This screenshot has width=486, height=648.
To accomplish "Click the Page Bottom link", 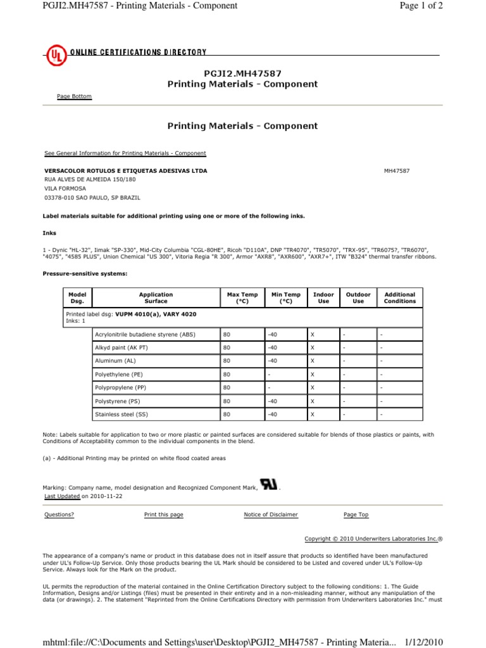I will pos(74,96).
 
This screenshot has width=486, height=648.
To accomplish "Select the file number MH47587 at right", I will pos(397,171).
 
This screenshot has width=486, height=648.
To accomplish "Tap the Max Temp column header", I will pos(242,297).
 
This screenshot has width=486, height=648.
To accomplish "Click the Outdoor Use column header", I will pos(358,297).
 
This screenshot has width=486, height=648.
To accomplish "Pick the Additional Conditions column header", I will pos(400,297).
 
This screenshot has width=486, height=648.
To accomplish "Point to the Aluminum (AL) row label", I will pos(115,361).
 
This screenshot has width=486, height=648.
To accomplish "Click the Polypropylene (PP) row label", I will pos(120,387).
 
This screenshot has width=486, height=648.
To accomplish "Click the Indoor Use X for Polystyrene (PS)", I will pos(313,401).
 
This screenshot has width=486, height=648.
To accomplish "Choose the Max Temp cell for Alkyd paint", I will pos(226,347).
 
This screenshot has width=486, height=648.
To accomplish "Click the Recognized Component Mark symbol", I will pos(269,485).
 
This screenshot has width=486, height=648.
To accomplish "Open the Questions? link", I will pos(59,514).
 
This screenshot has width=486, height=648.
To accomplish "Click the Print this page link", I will pos(163,514).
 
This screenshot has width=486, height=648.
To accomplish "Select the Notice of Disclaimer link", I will pos(270,514).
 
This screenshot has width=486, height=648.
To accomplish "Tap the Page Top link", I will pos(356,514).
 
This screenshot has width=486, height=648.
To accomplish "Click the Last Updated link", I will pos(61,497).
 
